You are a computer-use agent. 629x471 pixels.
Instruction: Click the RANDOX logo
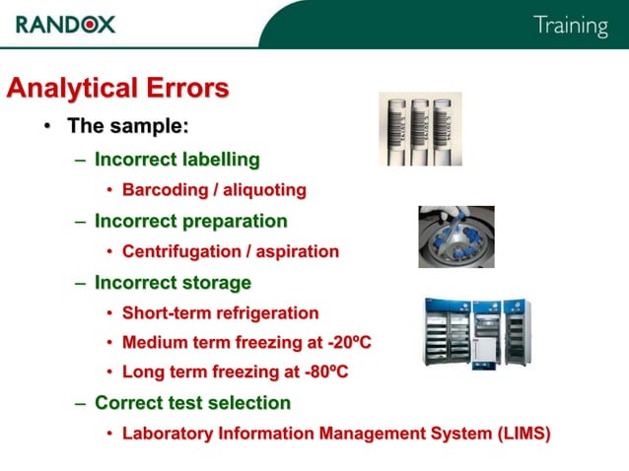coord(66,24)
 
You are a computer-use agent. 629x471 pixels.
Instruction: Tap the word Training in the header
coord(570,26)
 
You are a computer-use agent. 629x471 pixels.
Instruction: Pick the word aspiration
coord(298,251)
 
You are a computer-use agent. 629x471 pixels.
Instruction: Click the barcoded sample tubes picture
coord(420,128)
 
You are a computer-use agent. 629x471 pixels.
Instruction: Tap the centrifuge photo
coord(455,236)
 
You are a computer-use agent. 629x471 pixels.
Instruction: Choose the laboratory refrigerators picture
coord(477,332)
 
